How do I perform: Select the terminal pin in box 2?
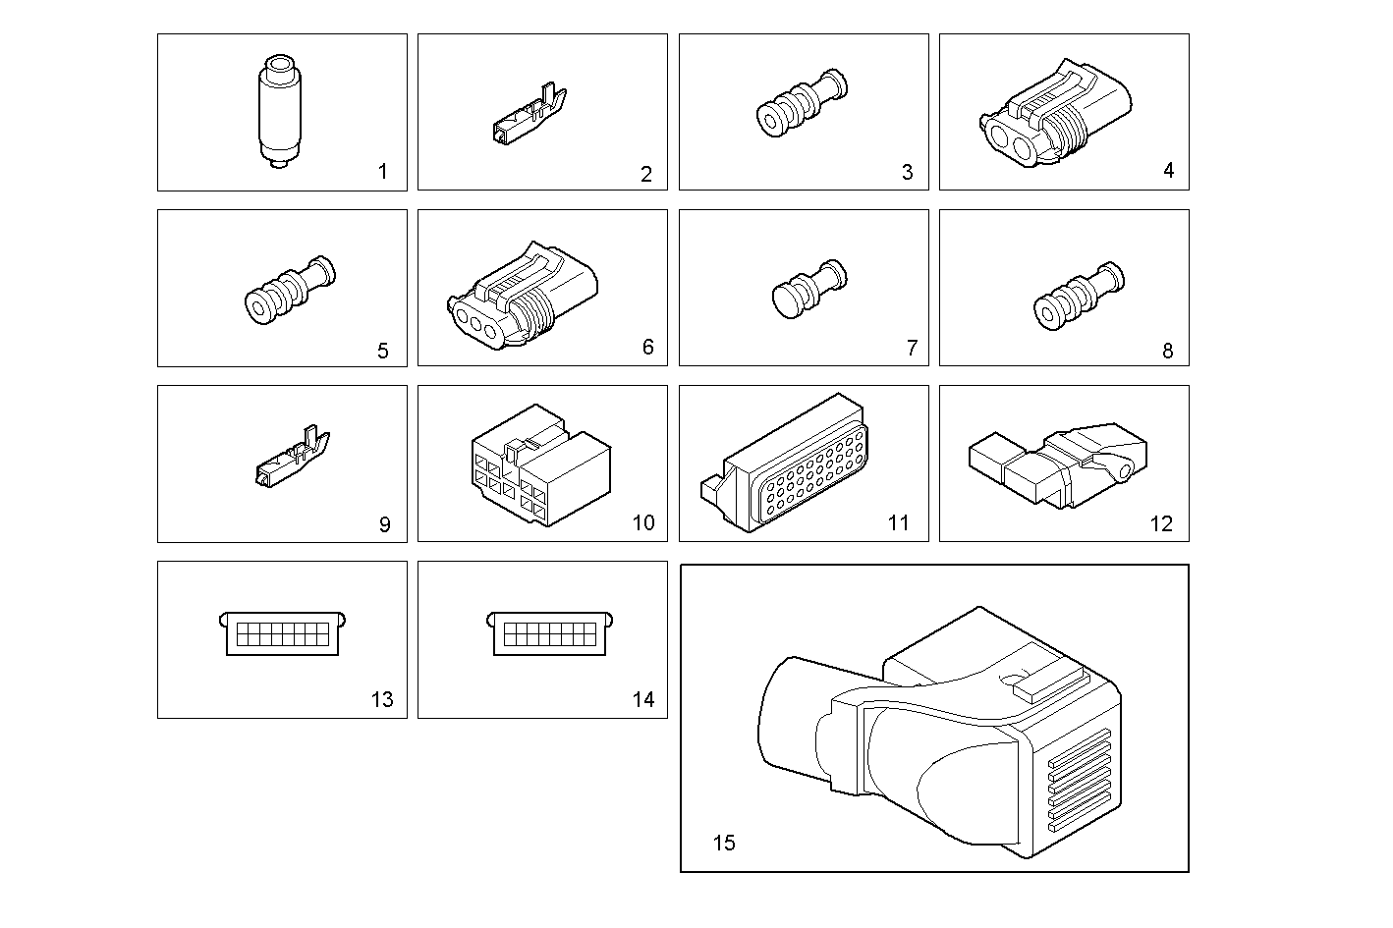(x=528, y=118)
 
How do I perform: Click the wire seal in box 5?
(x=287, y=292)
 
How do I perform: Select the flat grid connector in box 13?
(x=282, y=633)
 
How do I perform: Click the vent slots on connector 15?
(x=1076, y=781)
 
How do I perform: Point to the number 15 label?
(x=723, y=843)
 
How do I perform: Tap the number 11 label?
(x=898, y=523)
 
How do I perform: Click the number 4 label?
(x=1168, y=171)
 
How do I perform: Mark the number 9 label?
(x=384, y=525)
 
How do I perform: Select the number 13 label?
(x=381, y=700)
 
